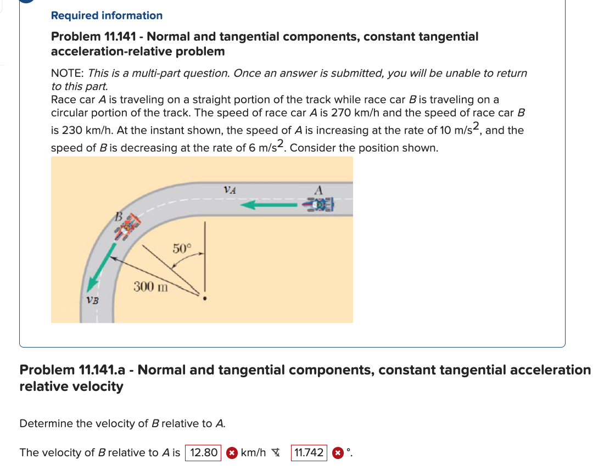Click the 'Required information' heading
107,15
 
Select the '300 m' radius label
151,286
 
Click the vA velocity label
230,190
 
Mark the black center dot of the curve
205,299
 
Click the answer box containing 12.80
203,453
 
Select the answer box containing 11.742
309,453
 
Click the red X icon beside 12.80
232,453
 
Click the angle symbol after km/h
276,453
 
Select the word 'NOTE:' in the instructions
68,73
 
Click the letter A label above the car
319,189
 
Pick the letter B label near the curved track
116,216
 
